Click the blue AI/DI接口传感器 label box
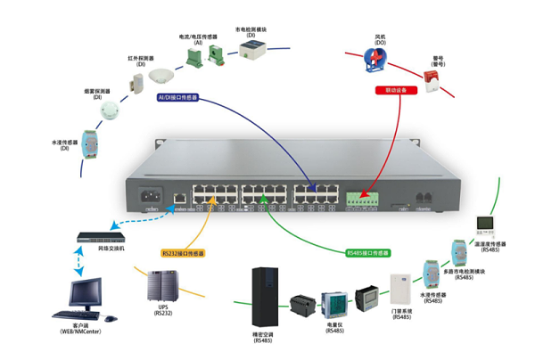pyautogui.click(x=177, y=96)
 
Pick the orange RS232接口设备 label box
pyautogui.click(x=183, y=253)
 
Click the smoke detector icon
pyautogui.click(x=110, y=110)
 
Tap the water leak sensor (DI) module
pyautogui.click(x=89, y=143)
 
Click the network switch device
pyautogui.click(x=101, y=237)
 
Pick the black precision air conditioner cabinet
pyautogui.click(x=266, y=295)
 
